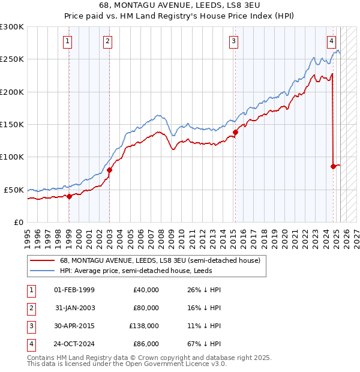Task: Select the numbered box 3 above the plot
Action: tap(233, 41)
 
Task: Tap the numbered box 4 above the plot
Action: tap(331, 41)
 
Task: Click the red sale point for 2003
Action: tap(109, 170)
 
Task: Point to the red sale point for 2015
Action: tap(235, 132)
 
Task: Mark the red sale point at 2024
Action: tap(333, 166)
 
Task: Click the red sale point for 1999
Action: tap(69, 196)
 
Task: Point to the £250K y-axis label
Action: tap(12, 59)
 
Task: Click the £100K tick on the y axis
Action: tap(12, 157)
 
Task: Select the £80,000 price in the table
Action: tap(146, 308)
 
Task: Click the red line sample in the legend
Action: tap(42, 261)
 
